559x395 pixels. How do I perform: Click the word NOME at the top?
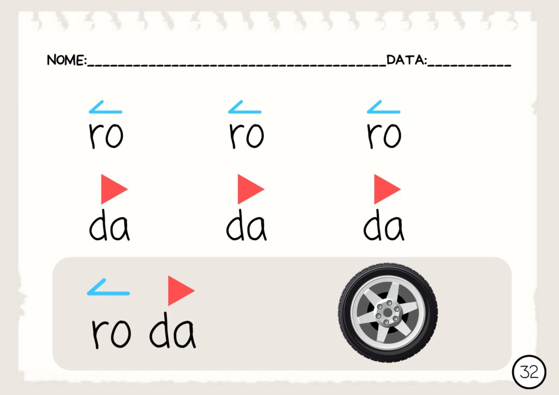pos(66,60)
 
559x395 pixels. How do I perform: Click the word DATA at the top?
pos(406,60)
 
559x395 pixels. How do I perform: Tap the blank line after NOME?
pos(237,65)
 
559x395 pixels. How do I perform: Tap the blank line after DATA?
pos(469,65)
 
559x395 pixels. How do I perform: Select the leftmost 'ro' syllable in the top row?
pos(106,135)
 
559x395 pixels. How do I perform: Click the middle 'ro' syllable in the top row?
pos(246,135)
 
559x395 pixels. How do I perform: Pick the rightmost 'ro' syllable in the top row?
pos(384,135)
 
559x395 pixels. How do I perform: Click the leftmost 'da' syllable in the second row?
pos(109,225)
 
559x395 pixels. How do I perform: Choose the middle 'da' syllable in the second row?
pos(246,225)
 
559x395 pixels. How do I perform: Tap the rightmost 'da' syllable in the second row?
pos(384,225)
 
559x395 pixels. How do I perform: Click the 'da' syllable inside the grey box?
pos(173,331)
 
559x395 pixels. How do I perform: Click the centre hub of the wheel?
pos(388,313)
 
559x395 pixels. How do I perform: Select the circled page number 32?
pos(529,372)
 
